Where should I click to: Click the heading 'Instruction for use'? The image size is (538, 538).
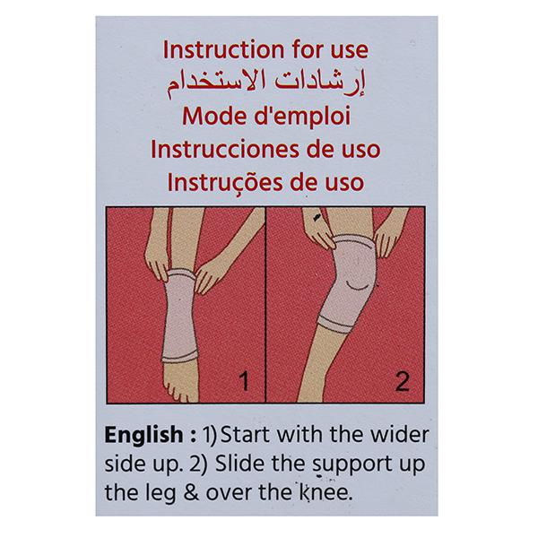pyautogui.click(x=265, y=49)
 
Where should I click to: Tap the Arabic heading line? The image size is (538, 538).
pyautogui.click(x=266, y=84)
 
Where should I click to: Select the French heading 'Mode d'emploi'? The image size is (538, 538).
pyautogui.click(x=266, y=116)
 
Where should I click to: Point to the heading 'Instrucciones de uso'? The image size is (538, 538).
pyautogui.click(x=265, y=149)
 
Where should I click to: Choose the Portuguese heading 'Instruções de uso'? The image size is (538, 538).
pyautogui.click(x=265, y=183)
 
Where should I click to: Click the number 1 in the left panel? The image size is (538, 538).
pyautogui.click(x=244, y=381)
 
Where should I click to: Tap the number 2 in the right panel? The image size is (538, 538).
pyautogui.click(x=402, y=381)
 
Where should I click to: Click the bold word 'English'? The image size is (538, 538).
pyautogui.click(x=144, y=436)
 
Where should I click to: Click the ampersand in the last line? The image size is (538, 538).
pyautogui.click(x=191, y=493)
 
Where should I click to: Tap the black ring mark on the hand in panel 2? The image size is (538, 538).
pyautogui.click(x=317, y=216)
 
